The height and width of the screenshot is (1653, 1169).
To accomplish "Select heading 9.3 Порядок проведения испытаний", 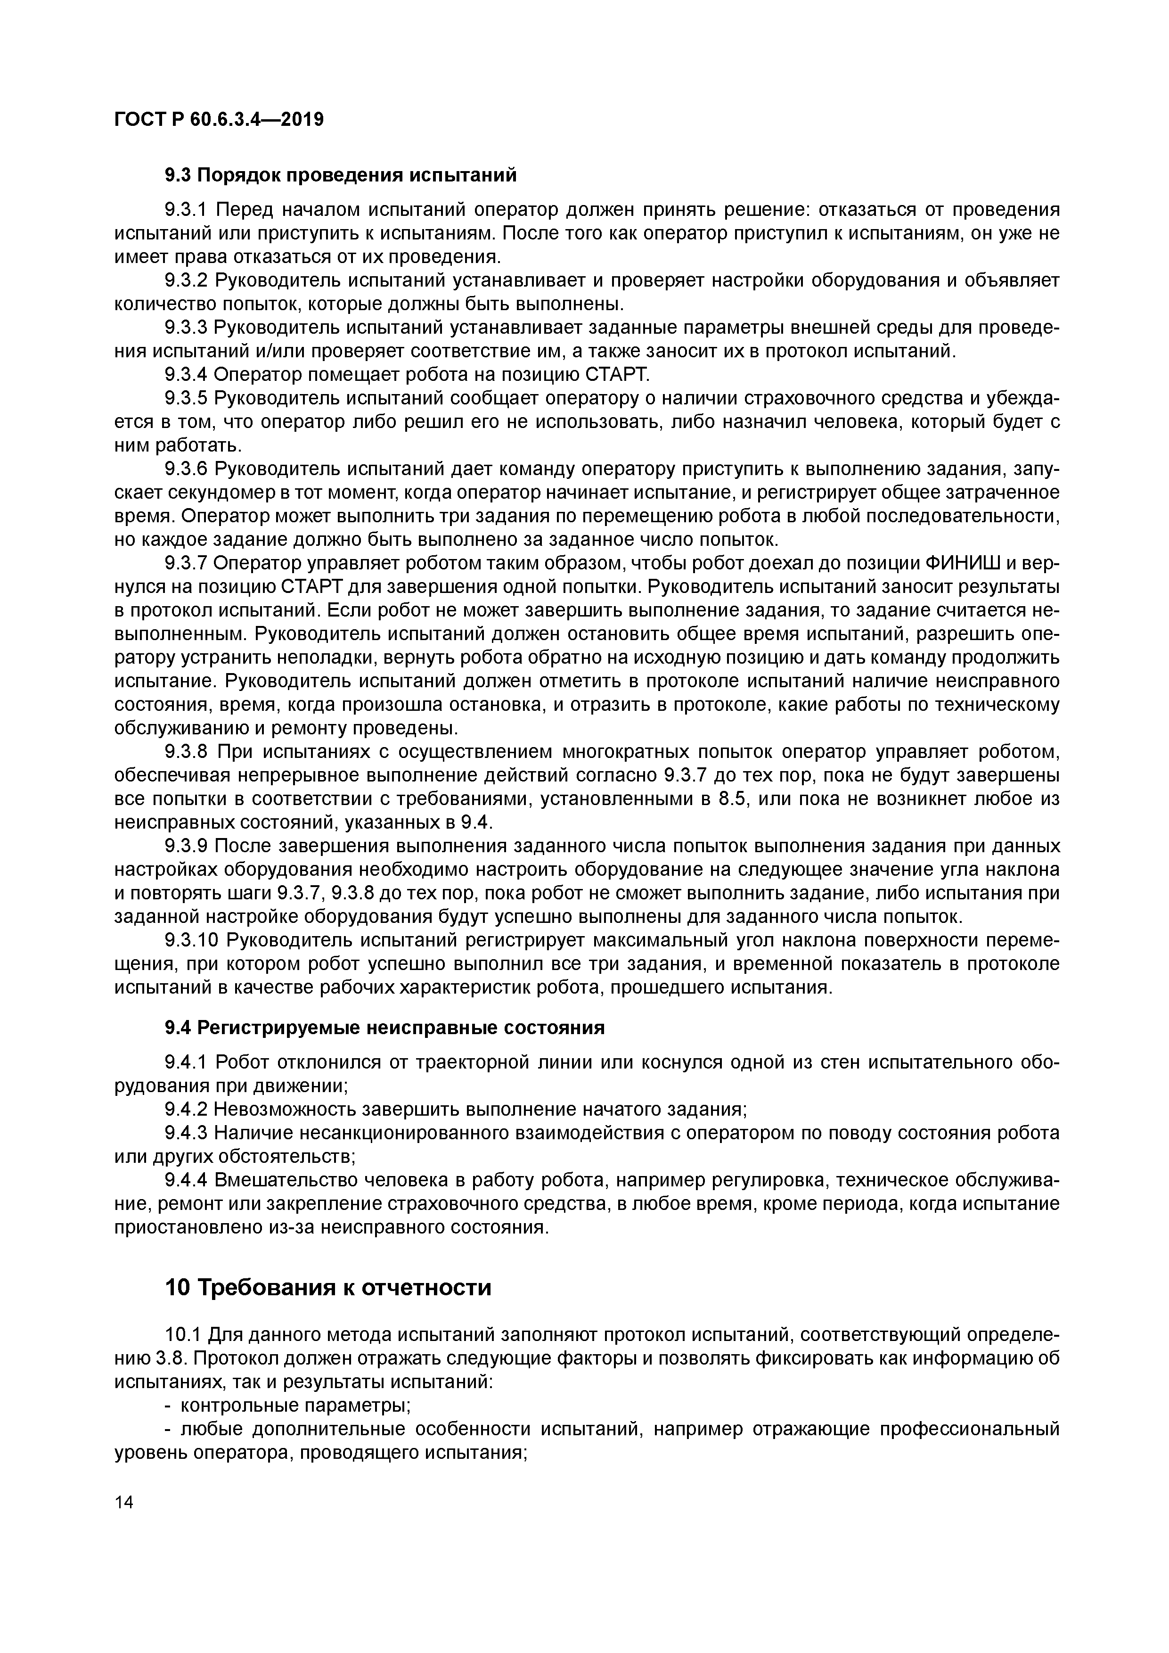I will tap(341, 175).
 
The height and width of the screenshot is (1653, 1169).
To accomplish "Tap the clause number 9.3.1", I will tap(186, 210).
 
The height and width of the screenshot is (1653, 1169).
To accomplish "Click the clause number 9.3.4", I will tap(186, 374).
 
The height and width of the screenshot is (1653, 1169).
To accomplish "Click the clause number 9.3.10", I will tap(191, 941).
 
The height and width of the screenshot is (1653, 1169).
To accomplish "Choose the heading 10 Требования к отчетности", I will tap(328, 1287).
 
